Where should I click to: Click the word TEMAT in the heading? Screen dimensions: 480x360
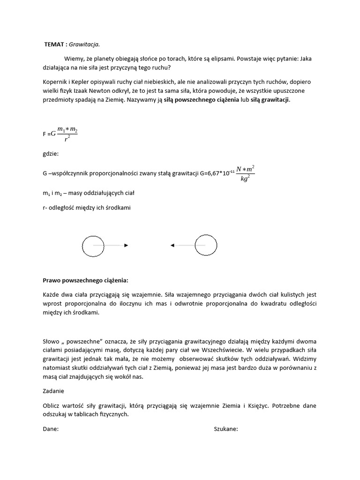(x=53, y=45)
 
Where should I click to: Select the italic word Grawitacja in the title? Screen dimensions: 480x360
(x=84, y=45)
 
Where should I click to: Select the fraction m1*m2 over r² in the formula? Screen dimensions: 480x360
(x=67, y=134)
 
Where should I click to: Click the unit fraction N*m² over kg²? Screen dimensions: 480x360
(x=245, y=173)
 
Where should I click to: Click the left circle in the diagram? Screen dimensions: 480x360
(x=93, y=245)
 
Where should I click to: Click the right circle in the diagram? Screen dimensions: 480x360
(x=206, y=245)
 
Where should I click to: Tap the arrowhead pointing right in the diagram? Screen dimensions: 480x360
(x=126, y=245)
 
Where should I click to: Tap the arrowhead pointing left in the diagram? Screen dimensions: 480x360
(x=172, y=245)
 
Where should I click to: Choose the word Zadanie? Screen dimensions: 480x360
(x=53, y=390)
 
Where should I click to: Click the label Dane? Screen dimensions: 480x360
(x=51, y=429)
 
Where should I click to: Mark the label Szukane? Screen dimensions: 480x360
(x=226, y=429)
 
